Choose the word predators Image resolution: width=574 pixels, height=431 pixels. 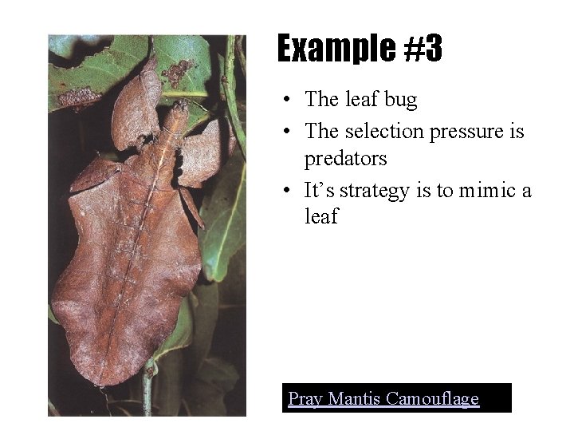coord(345,159)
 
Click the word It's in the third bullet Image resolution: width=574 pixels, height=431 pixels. coord(318,190)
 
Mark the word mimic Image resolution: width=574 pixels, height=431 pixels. coord(486,190)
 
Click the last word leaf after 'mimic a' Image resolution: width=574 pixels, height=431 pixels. coord(321,217)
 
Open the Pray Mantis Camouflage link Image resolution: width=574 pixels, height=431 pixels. coord(383,397)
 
